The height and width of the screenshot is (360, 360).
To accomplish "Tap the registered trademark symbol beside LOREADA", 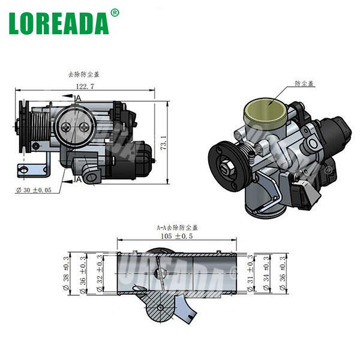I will coord(115,12).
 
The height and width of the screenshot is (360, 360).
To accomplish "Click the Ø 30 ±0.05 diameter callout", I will coord(35,190).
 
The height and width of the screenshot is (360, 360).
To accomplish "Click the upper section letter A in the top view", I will coord(78,98).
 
